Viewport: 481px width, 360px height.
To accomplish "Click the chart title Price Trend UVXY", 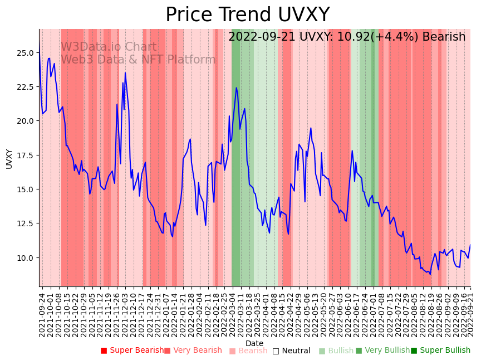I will click(247, 15).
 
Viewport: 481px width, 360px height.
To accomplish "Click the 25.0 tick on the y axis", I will click(26, 53).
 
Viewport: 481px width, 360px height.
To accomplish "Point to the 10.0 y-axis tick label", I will click(26, 258).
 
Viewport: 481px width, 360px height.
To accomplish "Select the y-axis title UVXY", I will click(9, 159).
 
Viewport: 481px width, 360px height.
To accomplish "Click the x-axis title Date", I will click(254, 343).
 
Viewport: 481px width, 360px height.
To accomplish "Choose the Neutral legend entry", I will click(291, 351).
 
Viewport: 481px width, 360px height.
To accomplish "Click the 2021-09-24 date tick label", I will click(42, 313).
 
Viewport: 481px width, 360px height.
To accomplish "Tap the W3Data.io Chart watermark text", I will click(109, 47).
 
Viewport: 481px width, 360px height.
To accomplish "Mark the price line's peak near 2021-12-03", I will click(125, 73).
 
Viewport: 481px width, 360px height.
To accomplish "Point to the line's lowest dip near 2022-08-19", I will click(430, 274).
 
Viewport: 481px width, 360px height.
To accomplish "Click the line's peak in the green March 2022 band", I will click(236, 87).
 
